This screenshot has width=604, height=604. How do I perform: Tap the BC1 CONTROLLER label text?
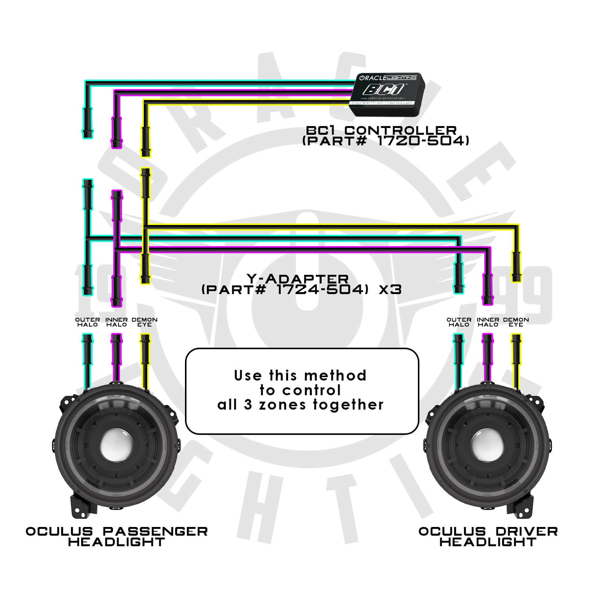[x=381, y=130]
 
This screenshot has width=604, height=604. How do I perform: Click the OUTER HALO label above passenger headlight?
[x=88, y=322]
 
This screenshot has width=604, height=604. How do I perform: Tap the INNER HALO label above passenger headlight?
[x=116, y=322]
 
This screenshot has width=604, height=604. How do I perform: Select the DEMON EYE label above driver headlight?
[x=516, y=322]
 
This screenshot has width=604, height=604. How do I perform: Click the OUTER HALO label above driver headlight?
[x=459, y=322]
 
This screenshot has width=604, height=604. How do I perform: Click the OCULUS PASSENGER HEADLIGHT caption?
[x=117, y=536]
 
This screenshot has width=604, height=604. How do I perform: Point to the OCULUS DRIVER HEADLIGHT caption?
[x=488, y=536]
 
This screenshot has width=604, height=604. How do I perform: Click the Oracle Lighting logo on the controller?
[x=388, y=78]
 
